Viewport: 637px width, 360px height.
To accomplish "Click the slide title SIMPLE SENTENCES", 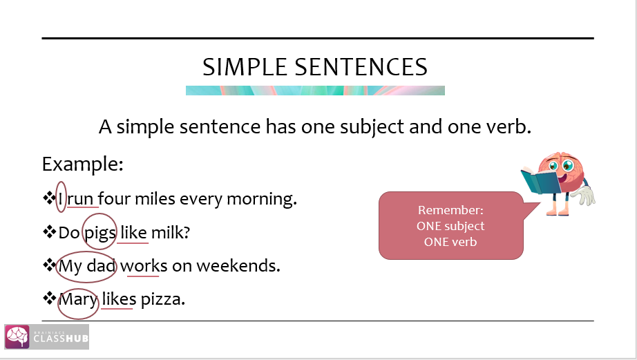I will (x=315, y=67).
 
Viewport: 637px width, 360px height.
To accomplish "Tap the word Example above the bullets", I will (x=82, y=165).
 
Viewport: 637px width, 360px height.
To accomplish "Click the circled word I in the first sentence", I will (x=61, y=199).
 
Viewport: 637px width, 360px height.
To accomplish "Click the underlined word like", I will (x=133, y=233).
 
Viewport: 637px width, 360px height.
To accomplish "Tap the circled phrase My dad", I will (x=87, y=266).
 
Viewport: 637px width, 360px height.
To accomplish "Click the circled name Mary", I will (x=78, y=300).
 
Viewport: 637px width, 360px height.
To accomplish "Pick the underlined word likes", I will (x=119, y=300).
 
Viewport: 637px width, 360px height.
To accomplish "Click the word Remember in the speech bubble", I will (x=450, y=210).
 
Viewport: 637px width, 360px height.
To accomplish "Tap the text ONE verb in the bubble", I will (x=450, y=241).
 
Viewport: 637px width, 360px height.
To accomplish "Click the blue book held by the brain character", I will (x=540, y=180).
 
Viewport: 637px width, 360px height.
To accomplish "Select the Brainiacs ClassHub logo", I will (x=47, y=337).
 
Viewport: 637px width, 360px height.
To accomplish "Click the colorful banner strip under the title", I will (x=315, y=90).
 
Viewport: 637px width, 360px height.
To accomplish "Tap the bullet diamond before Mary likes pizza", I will (x=49, y=299).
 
